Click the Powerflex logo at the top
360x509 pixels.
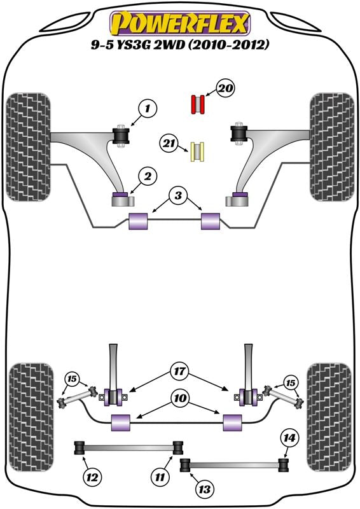180,24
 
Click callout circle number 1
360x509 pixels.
148,108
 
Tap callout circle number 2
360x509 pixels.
148,177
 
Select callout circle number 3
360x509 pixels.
178,195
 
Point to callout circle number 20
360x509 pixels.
225,88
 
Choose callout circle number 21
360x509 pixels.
169,143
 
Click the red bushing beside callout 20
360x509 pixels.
197,104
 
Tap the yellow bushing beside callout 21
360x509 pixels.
197,152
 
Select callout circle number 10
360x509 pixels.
181,398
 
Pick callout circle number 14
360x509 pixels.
289,438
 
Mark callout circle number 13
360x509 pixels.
205,489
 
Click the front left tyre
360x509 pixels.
29,147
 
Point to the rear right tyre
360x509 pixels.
329,417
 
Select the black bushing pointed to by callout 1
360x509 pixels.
121,136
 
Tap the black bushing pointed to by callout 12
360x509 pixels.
80,449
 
